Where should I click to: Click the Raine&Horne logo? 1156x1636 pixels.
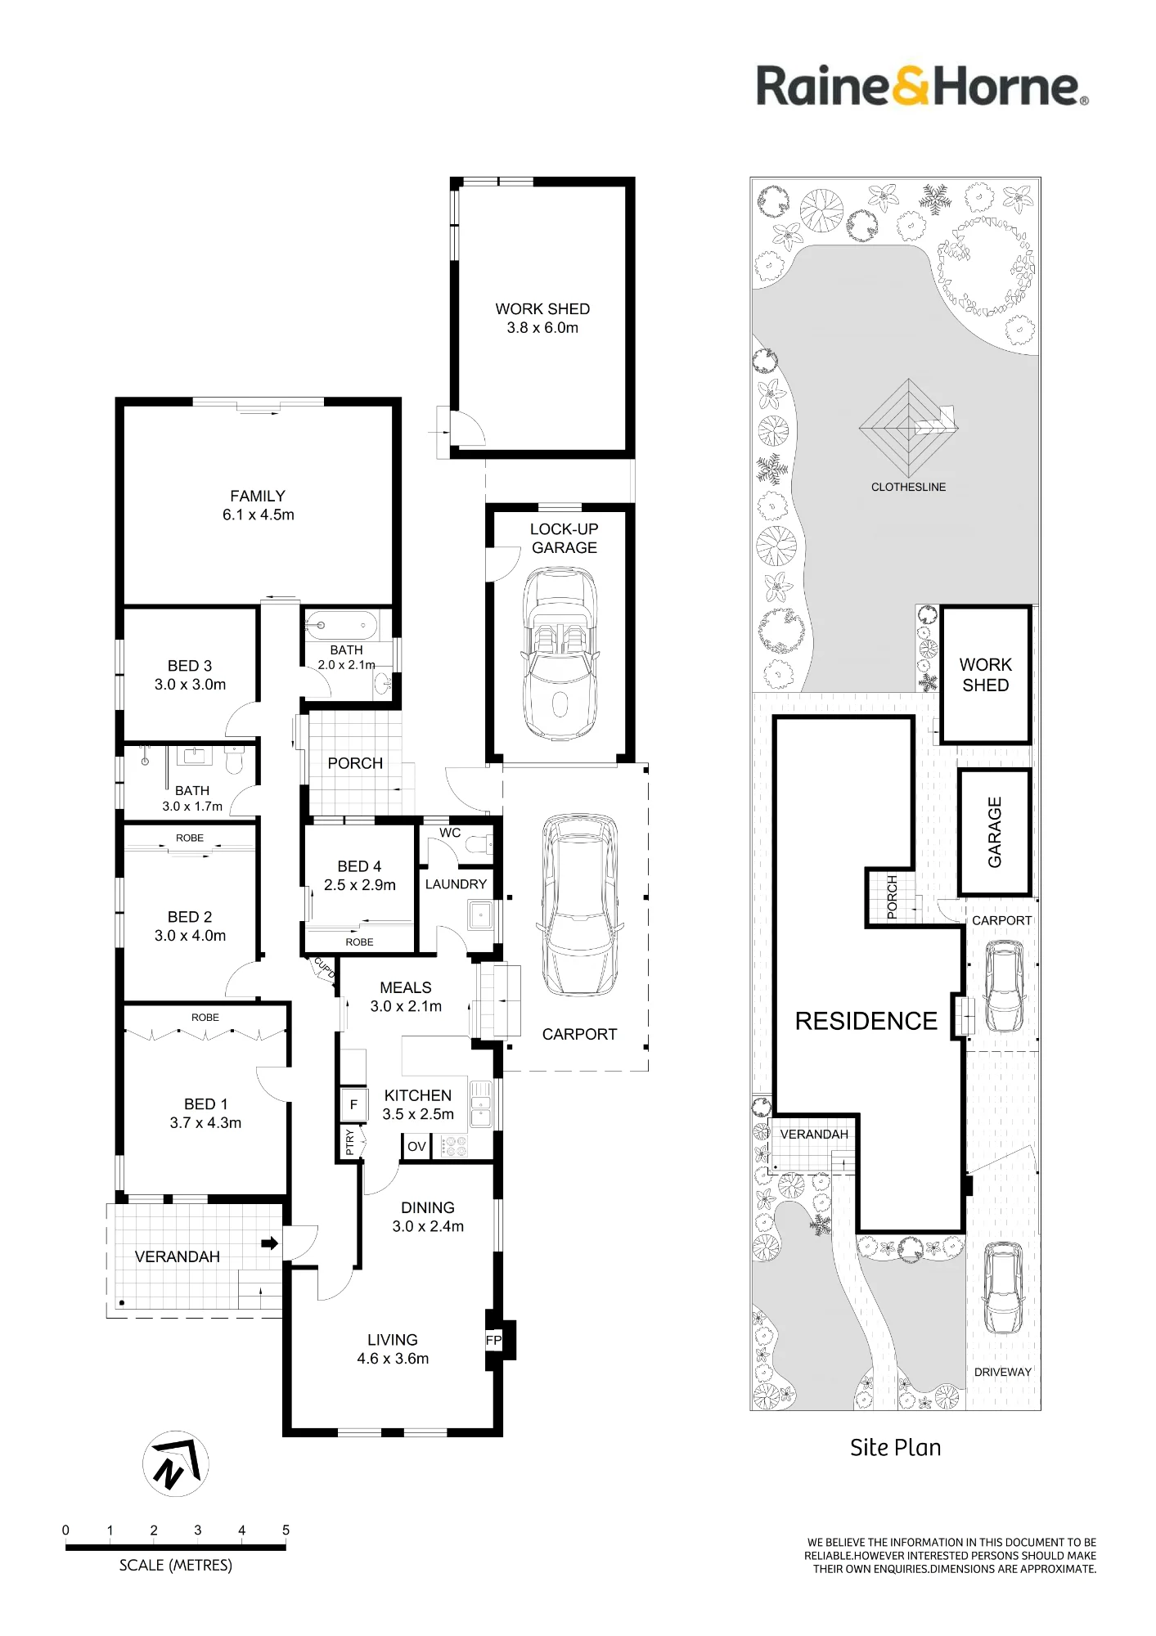click(922, 86)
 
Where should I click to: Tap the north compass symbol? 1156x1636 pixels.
click(176, 1463)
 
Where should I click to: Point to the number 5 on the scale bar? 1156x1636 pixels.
click(286, 1530)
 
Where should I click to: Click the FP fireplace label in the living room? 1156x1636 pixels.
click(493, 1341)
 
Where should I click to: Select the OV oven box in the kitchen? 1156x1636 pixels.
click(416, 1147)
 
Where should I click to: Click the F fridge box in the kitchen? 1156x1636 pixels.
click(353, 1104)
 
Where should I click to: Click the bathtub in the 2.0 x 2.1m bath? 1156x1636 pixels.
click(341, 626)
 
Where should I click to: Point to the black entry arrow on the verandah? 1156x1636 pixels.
click(269, 1244)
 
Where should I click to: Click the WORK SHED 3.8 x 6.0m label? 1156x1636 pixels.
click(542, 318)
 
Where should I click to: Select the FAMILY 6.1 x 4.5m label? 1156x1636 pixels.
click(258, 506)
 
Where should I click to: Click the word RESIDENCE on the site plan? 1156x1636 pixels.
click(866, 1021)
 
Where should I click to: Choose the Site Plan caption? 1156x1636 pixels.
click(895, 1447)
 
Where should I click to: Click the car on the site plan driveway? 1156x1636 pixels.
click(1003, 1288)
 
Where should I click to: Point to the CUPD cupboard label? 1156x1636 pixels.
click(325, 969)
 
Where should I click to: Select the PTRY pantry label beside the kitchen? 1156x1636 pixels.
click(350, 1142)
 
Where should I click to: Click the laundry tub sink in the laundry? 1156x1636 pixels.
click(481, 915)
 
